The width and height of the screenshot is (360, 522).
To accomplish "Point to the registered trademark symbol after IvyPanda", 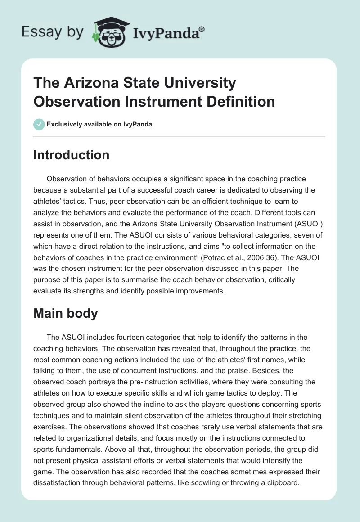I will pos(202,28).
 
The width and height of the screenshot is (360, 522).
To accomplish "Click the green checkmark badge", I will pos(39,124).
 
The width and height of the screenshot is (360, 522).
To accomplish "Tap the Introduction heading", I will pos(71,155).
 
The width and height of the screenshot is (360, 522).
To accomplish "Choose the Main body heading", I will pos(66,313).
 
